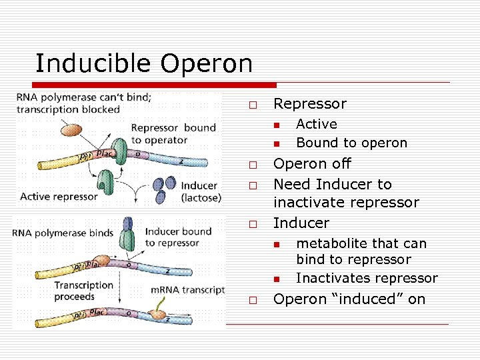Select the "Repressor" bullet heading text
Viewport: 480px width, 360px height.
[310, 104]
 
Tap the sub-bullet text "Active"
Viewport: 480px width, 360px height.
[317, 124]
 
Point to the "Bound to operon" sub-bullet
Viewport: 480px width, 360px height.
[351, 143]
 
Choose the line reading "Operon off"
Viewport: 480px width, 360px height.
[312, 164]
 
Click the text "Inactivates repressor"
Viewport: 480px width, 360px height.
[367, 278]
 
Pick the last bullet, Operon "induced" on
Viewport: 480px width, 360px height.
[349, 299]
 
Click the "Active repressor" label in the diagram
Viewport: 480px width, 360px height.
[59, 196]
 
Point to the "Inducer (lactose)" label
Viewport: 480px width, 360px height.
[200, 192]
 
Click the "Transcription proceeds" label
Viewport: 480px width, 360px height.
[83, 290]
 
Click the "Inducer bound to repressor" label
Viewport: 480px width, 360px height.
[177, 237]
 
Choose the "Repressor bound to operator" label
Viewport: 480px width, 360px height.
[173, 133]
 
